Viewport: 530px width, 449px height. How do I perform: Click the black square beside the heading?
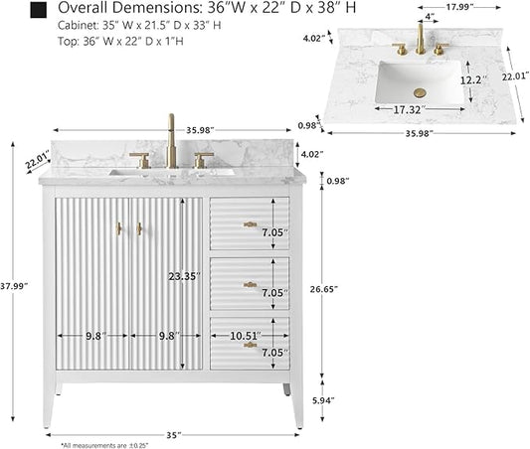point(38,11)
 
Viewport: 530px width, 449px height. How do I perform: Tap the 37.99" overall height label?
point(14,286)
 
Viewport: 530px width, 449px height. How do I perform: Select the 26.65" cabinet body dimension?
point(324,289)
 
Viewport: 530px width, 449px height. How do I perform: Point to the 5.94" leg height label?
point(323,400)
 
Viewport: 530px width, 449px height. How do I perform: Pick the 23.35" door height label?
point(185,277)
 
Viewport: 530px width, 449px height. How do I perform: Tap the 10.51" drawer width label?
point(246,336)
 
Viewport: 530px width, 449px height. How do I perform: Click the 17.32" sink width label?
point(409,109)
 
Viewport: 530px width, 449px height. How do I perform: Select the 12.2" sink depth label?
point(473,80)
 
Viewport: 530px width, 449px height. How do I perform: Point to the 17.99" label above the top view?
point(459,7)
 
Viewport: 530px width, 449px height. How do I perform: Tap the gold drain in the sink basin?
point(420,92)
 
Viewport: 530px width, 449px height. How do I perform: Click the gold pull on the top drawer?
point(251,224)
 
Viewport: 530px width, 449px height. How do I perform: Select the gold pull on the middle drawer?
point(251,285)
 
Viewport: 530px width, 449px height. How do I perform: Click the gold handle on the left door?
point(118,228)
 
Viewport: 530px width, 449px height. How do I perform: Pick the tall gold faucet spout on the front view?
point(172,141)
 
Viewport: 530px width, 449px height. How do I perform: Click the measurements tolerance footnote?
point(104,446)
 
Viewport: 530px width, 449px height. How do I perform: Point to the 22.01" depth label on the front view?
point(37,160)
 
